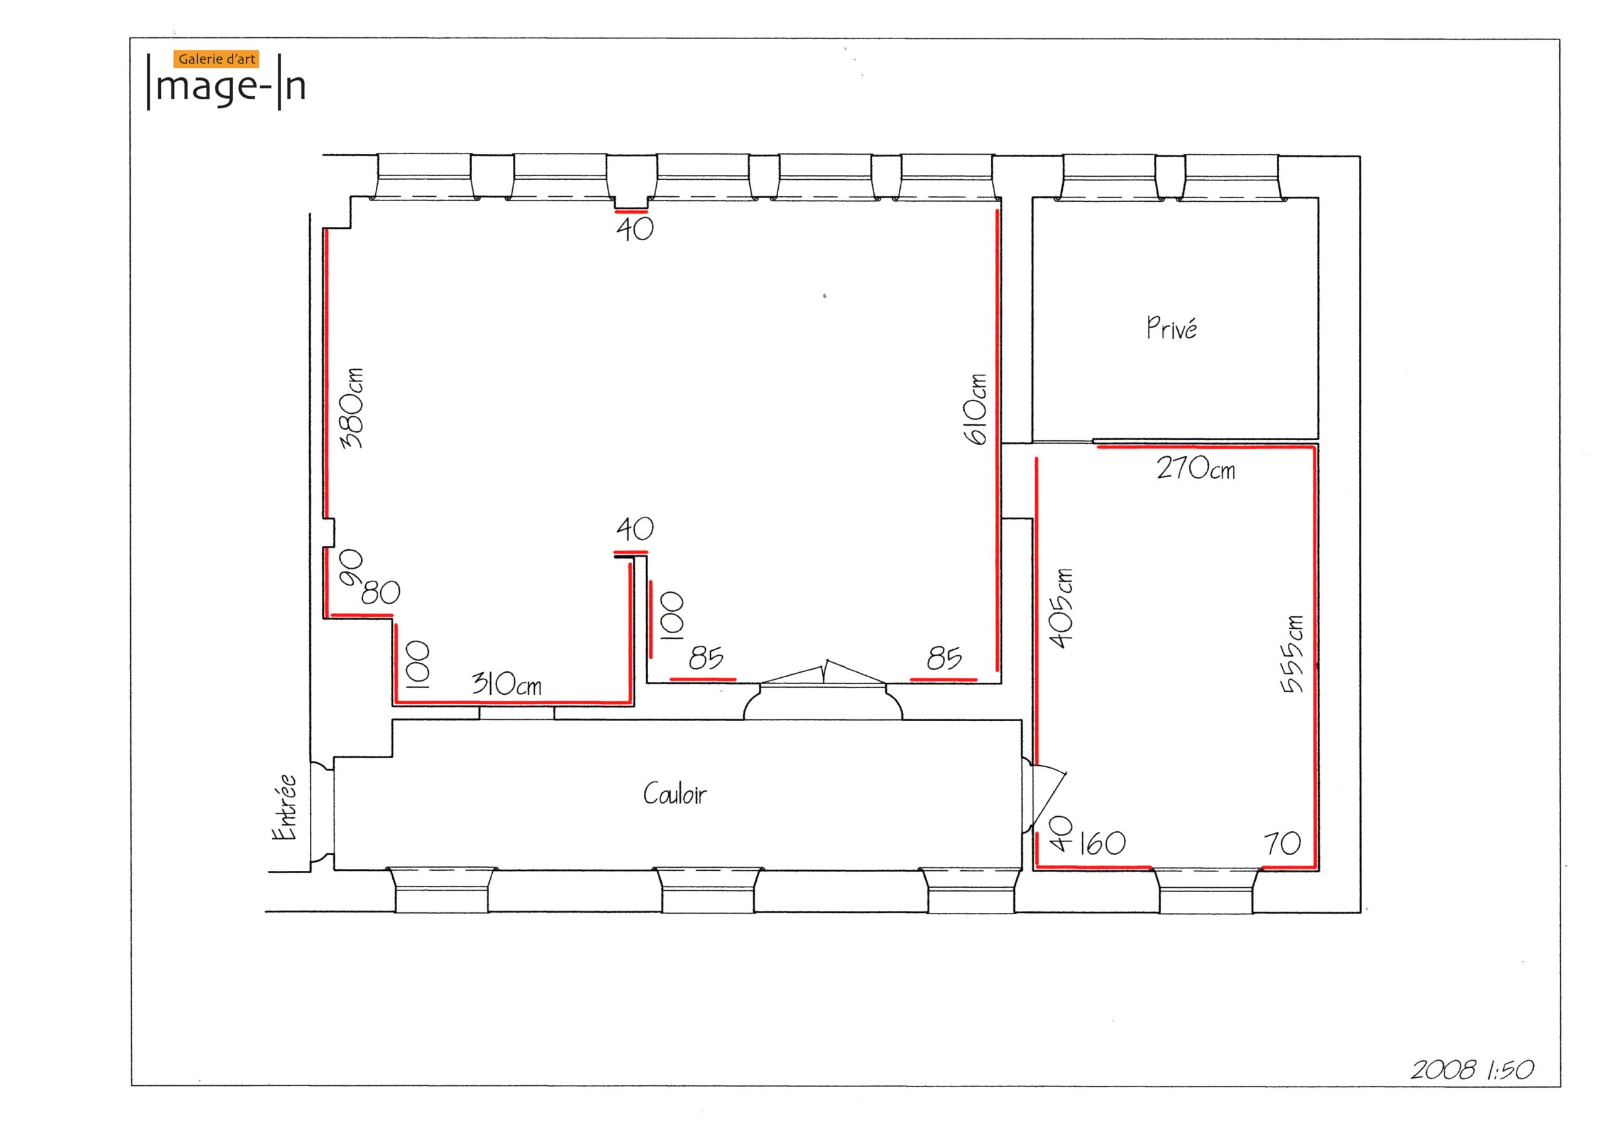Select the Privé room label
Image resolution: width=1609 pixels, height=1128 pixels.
(1171, 328)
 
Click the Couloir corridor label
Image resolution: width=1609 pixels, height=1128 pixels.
(674, 793)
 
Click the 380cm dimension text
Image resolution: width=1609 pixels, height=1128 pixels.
(352, 407)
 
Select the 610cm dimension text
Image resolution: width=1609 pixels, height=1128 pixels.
(975, 409)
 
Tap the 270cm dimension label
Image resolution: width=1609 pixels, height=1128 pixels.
(1195, 468)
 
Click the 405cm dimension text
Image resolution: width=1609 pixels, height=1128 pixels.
(1061, 609)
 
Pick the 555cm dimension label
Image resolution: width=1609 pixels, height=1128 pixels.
(1292, 654)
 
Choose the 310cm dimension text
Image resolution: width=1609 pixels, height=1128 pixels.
(507, 683)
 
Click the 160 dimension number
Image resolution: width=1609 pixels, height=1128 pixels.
(1102, 843)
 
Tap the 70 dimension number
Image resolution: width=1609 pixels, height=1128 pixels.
(1282, 843)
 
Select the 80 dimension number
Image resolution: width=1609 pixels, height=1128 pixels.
(380, 593)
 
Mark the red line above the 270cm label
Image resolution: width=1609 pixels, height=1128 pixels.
(1205, 446)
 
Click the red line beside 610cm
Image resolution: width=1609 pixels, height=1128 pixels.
(997, 440)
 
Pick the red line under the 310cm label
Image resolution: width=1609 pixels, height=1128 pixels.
(513, 702)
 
